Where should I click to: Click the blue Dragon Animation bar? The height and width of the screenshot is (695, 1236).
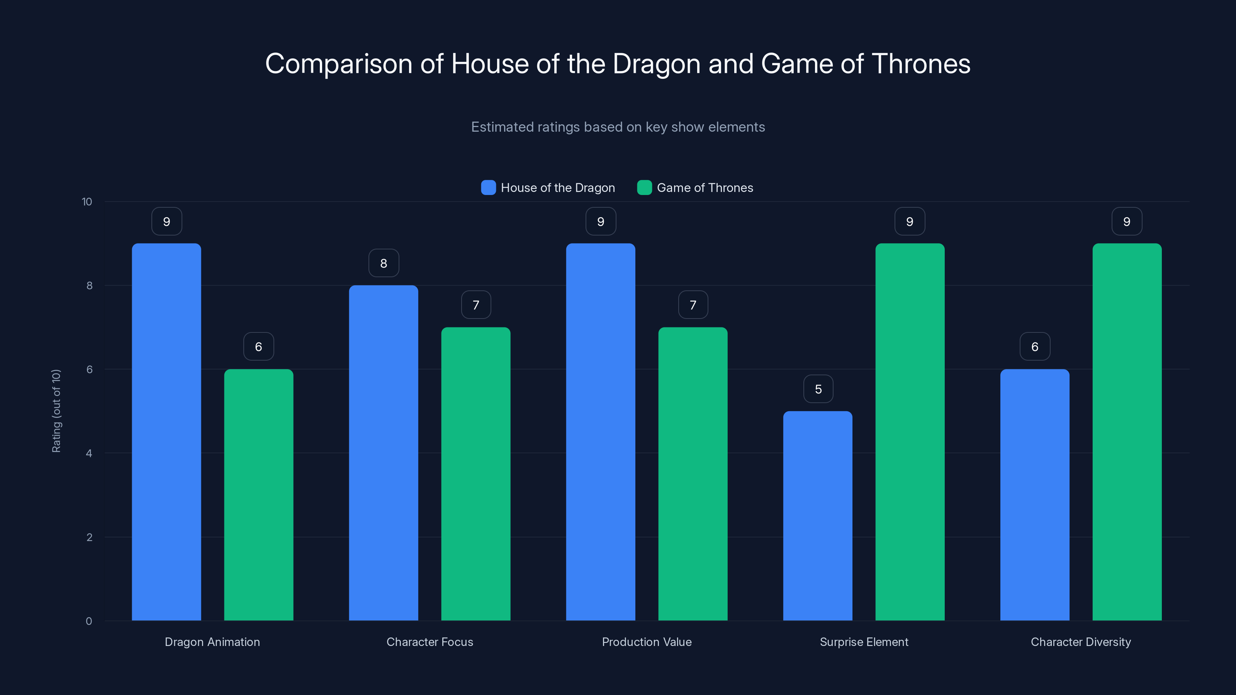[166, 432]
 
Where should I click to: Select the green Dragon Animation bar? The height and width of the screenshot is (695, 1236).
[259, 495]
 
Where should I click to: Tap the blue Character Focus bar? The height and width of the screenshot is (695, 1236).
[384, 453]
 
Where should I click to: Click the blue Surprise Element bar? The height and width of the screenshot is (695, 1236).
[818, 515]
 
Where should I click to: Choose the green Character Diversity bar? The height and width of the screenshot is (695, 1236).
[1127, 432]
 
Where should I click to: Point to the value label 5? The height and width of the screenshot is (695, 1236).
[818, 389]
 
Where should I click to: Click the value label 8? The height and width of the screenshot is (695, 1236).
[384, 263]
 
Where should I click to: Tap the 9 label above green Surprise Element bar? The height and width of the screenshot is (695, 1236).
[910, 222]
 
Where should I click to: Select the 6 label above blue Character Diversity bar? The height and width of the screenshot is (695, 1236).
[1034, 347]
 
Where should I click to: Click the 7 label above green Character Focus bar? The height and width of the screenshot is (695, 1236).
[475, 305]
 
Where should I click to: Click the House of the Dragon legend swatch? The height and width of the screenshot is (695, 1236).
[488, 188]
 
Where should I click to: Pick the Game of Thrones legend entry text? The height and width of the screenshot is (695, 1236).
[705, 188]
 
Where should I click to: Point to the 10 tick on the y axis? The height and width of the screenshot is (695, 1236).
[87, 202]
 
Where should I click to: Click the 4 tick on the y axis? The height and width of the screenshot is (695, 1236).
[89, 453]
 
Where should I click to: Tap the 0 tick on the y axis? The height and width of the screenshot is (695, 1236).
[89, 621]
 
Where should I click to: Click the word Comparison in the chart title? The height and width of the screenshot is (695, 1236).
[338, 64]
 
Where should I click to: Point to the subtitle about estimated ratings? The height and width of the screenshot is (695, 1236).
[618, 127]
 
